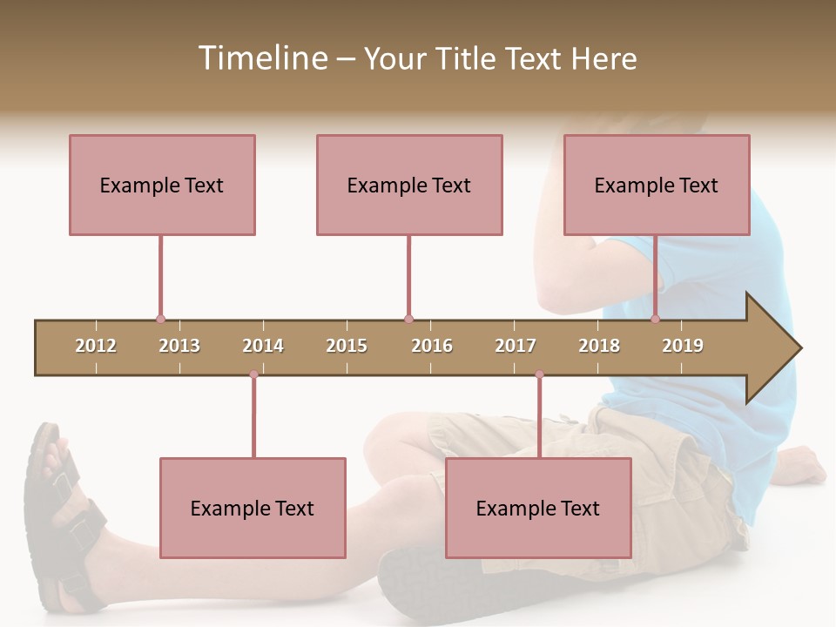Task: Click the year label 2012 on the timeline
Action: (x=96, y=346)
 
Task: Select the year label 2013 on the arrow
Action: (x=179, y=346)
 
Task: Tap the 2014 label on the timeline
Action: (x=263, y=346)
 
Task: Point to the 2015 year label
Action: (x=347, y=346)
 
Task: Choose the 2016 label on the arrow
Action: (x=432, y=346)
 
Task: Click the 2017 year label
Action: (x=516, y=346)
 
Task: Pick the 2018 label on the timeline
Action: (x=599, y=346)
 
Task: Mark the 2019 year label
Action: (x=683, y=346)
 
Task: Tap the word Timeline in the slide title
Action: (x=262, y=58)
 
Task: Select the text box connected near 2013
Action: (x=162, y=185)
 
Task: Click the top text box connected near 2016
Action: (x=409, y=185)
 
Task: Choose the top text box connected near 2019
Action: (x=657, y=185)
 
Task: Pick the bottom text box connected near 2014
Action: (x=253, y=508)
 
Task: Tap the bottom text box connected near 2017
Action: (x=538, y=508)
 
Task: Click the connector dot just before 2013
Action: (x=160, y=319)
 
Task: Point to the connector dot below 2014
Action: (x=253, y=374)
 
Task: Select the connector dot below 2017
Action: (x=539, y=374)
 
